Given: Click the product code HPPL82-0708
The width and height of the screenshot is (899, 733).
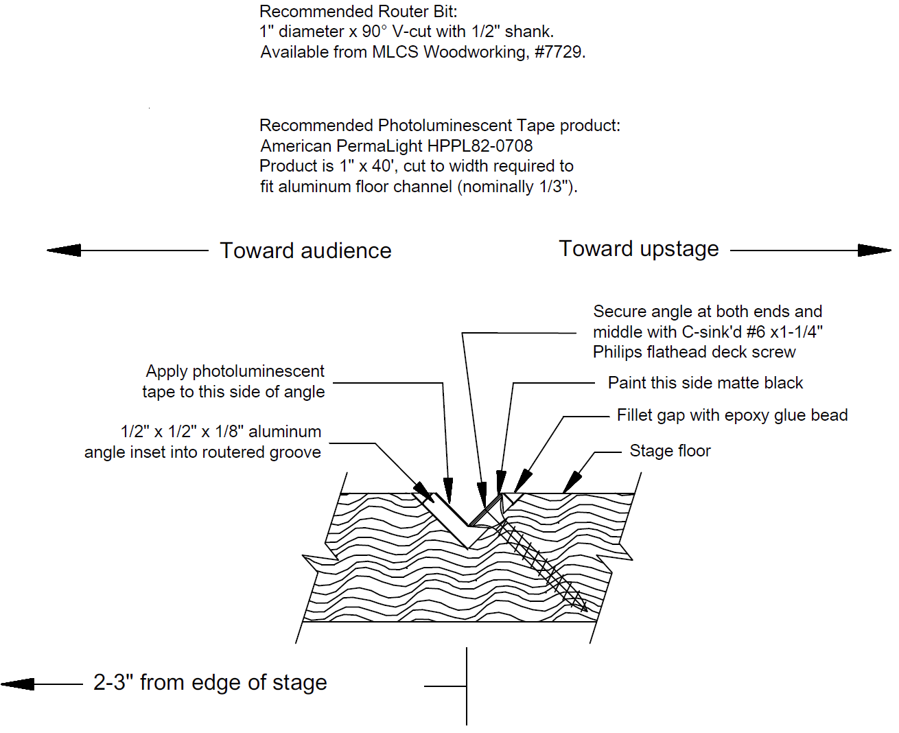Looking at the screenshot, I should (x=480, y=146).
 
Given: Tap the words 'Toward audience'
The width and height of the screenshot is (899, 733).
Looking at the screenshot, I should (x=305, y=251).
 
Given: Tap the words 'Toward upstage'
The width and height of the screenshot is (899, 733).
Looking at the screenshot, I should (x=639, y=249).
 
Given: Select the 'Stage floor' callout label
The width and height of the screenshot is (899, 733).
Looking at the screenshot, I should (x=670, y=451).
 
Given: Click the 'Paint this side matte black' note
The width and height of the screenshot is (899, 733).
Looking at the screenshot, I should (x=705, y=383).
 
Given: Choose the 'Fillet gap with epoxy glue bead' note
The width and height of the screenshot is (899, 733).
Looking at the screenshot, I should (x=732, y=415).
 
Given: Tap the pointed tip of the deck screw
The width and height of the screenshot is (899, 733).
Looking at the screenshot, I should (x=585, y=609).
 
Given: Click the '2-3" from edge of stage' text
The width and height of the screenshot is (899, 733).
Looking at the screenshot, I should (x=210, y=683).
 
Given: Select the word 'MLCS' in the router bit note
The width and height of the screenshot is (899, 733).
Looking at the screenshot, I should (x=395, y=52).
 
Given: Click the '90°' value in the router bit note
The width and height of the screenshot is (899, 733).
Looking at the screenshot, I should (x=375, y=32).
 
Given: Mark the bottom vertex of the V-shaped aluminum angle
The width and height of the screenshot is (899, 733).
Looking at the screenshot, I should (x=469, y=548).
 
